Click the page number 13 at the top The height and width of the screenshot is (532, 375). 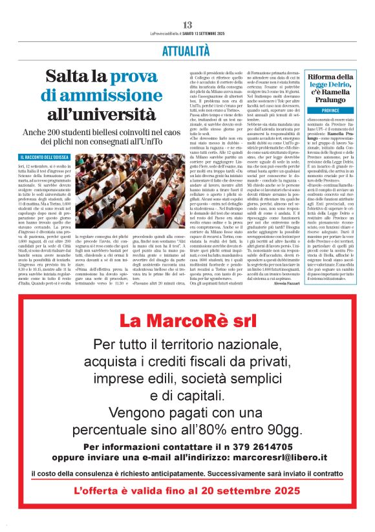[187, 25]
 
